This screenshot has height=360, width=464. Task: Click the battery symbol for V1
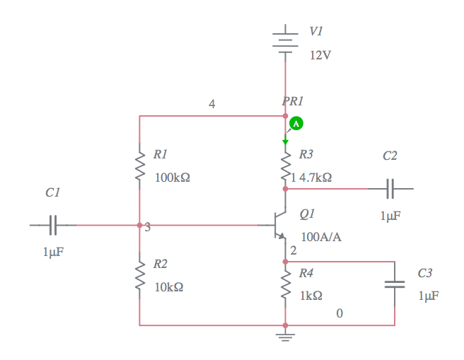(x=285, y=39)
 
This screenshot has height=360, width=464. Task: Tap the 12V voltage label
(x=320, y=55)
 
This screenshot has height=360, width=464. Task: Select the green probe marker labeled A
(x=297, y=124)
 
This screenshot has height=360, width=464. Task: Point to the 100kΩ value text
(x=172, y=178)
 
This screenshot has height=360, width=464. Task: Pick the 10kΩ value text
(x=169, y=287)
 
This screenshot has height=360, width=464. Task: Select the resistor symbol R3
(x=285, y=168)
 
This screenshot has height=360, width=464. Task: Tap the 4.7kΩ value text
(x=315, y=178)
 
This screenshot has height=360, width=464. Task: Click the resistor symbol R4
(x=285, y=286)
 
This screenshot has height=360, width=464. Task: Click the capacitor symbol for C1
(x=53, y=225)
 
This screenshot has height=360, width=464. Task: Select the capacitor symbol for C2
(x=390, y=189)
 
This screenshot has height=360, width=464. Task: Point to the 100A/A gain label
(x=321, y=236)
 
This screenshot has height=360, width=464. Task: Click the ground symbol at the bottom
(x=285, y=335)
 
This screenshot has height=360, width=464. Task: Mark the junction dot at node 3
(x=140, y=225)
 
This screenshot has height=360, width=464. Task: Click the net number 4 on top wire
(x=211, y=104)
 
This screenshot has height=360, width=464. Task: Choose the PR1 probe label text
(x=293, y=102)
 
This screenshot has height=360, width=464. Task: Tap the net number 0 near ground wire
(x=340, y=313)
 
